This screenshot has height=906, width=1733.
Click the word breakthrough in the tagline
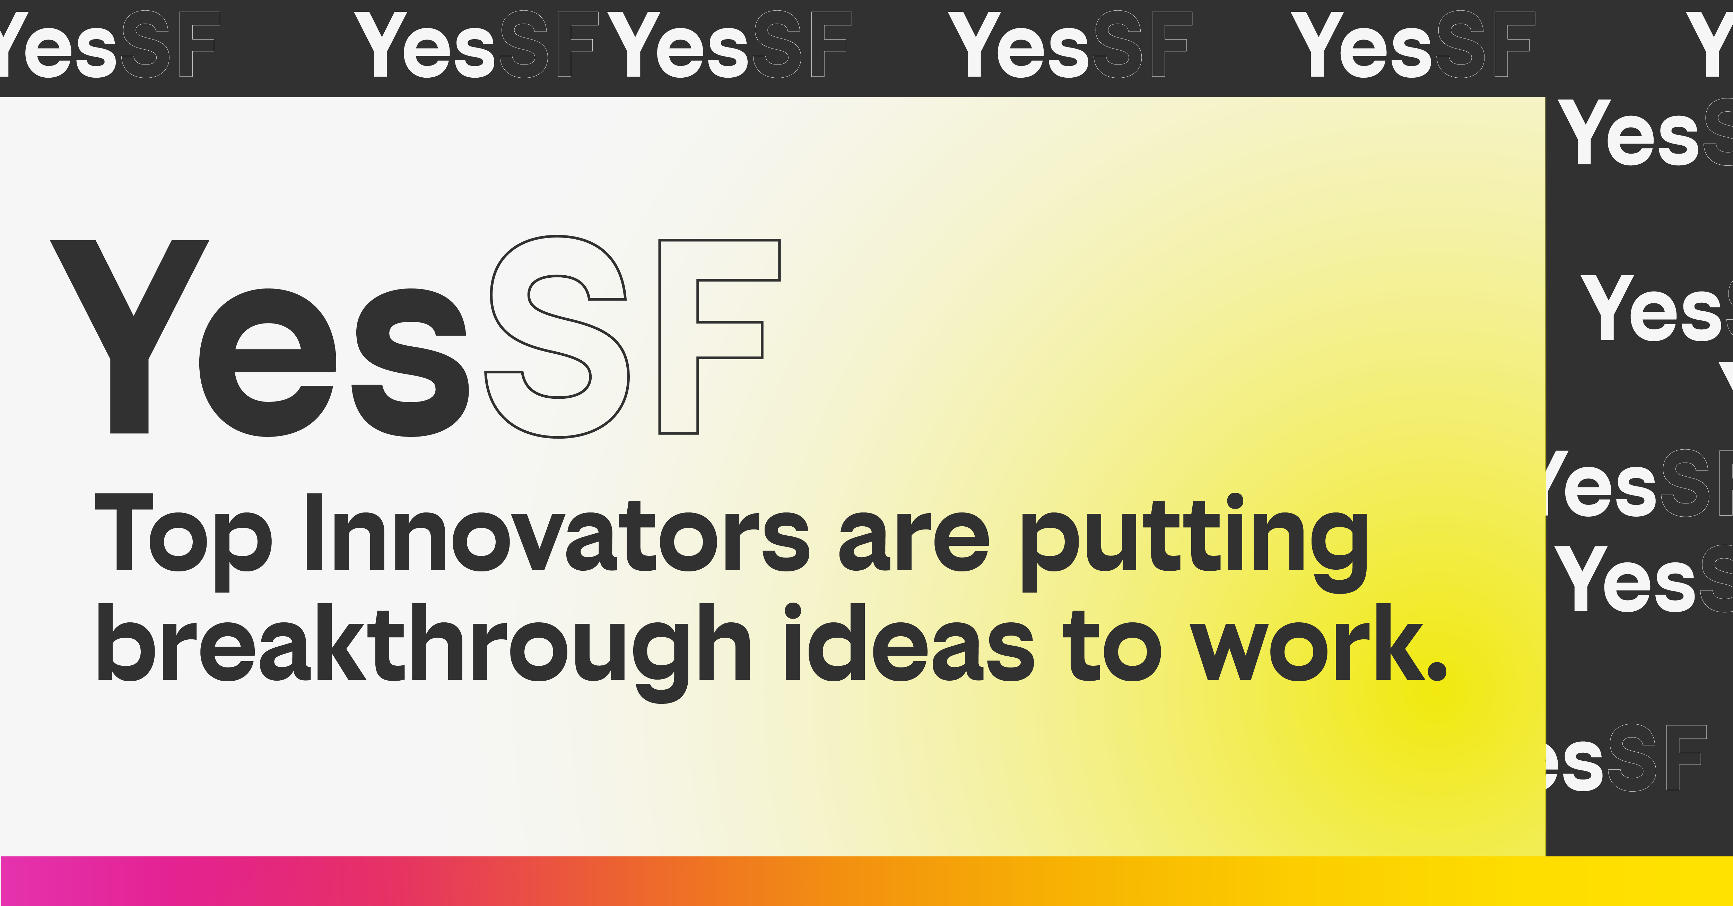(x=424, y=653)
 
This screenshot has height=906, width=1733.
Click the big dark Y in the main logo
(x=129, y=337)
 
